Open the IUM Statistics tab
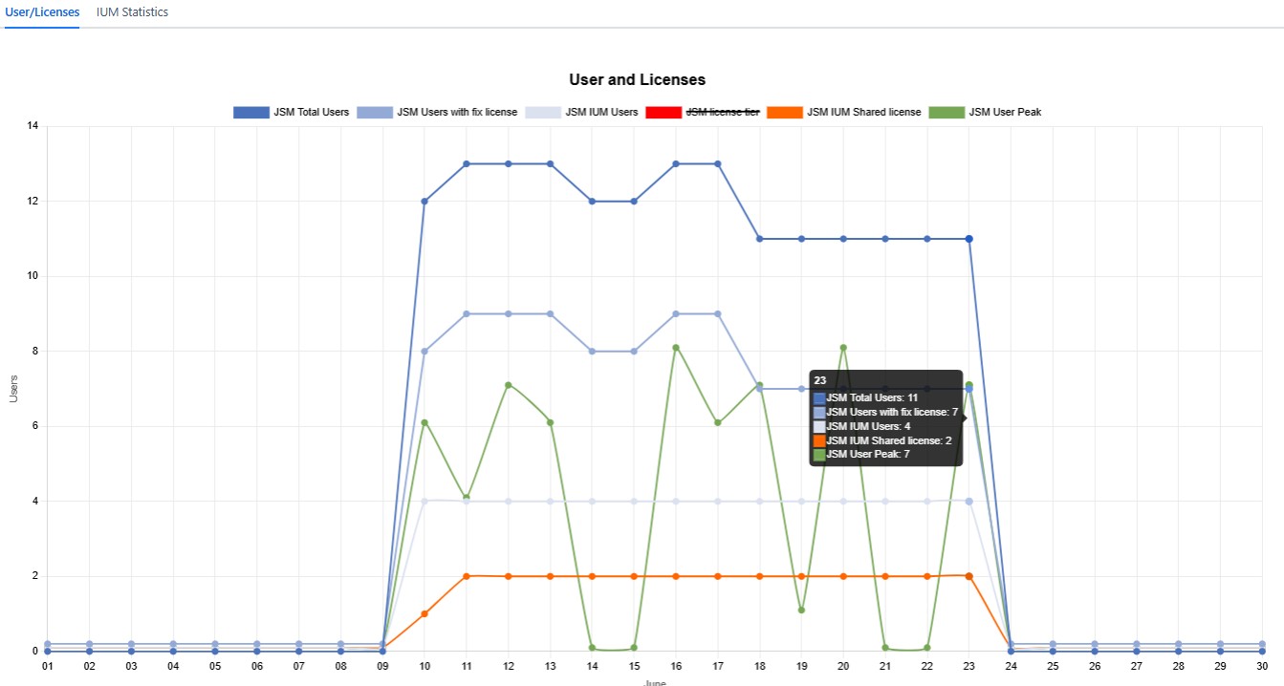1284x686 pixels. point(132,12)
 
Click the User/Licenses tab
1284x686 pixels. point(42,12)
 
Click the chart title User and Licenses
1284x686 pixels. point(637,79)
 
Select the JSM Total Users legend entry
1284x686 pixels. point(292,112)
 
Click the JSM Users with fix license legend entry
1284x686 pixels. point(437,112)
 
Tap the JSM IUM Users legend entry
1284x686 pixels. point(582,112)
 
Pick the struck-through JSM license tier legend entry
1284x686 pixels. point(703,112)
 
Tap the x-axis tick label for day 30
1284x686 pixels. point(1262,666)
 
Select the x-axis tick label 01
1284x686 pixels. point(47,666)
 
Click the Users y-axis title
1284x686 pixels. point(13,388)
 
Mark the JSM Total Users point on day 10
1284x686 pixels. point(424,201)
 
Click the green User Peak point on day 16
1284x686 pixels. point(676,348)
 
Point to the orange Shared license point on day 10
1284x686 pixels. point(424,613)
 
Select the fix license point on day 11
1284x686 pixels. point(467,313)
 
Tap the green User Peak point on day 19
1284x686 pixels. point(801,610)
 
